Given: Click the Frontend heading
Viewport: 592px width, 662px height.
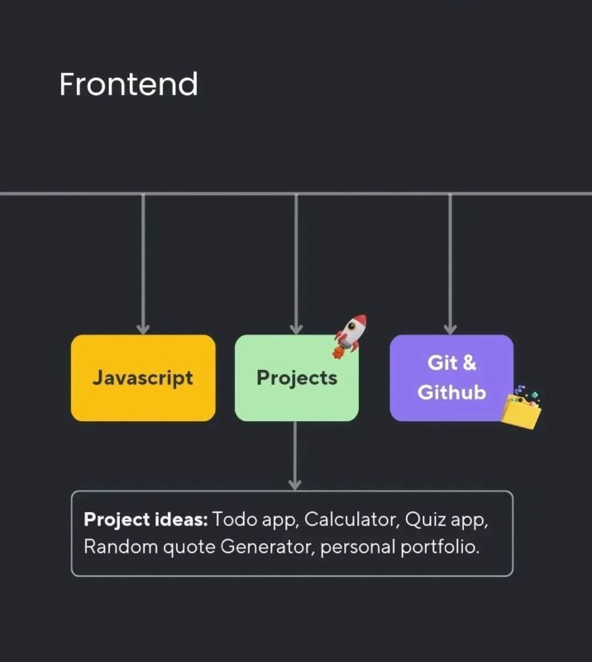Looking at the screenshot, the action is (x=128, y=84).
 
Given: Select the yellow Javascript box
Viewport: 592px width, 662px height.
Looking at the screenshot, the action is (x=143, y=378).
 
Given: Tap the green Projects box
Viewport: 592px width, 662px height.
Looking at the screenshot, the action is (x=297, y=378).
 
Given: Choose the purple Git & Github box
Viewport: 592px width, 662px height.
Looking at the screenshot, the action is (x=451, y=378).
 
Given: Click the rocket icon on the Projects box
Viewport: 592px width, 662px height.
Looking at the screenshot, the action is (x=350, y=337).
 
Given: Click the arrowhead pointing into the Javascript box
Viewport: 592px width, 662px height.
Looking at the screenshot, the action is (x=143, y=329).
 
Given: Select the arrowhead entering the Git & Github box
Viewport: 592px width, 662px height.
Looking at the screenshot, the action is (x=451, y=329).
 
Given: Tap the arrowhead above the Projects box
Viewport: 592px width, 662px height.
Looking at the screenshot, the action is (x=296, y=329).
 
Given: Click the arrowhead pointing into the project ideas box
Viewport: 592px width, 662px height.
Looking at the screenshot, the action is (x=295, y=485).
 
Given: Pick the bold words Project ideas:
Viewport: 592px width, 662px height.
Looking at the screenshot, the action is (x=146, y=520).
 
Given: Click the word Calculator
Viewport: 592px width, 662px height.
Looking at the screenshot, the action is (x=351, y=520).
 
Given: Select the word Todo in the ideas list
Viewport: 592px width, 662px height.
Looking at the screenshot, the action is (x=235, y=520).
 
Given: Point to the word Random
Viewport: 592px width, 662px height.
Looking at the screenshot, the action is (x=121, y=547).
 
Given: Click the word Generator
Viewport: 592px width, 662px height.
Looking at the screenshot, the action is (x=268, y=547).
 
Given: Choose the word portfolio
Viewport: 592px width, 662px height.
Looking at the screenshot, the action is (x=440, y=548).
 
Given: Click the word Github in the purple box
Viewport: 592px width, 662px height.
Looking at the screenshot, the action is (x=452, y=392).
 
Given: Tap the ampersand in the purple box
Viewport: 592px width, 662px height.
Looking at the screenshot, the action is (x=469, y=362).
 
